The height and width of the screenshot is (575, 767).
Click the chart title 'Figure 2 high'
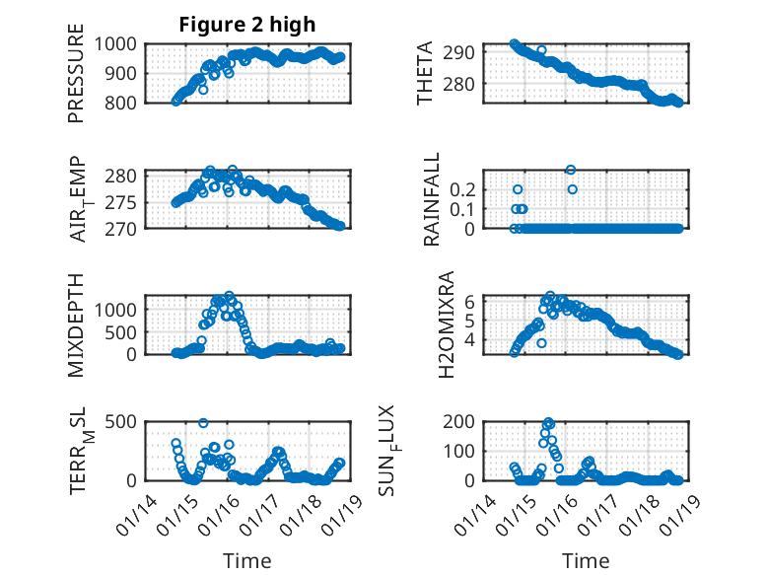pyautogui.click(x=246, y=25)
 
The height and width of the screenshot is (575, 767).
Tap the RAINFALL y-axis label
pyautogui.click(x=432, y=200)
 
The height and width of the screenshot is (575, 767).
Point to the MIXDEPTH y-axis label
pyautogui.click(x=76, y=324)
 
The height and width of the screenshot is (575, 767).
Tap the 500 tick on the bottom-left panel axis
pyautogui.click(x=125, y=421)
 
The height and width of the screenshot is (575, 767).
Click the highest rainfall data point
pyautogui.click(x=571, y=170)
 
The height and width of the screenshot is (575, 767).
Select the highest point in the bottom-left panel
pyautogui.click(x=203, y=423)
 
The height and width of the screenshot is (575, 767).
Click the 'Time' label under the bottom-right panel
pyautogui.click(x=586, y=561)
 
